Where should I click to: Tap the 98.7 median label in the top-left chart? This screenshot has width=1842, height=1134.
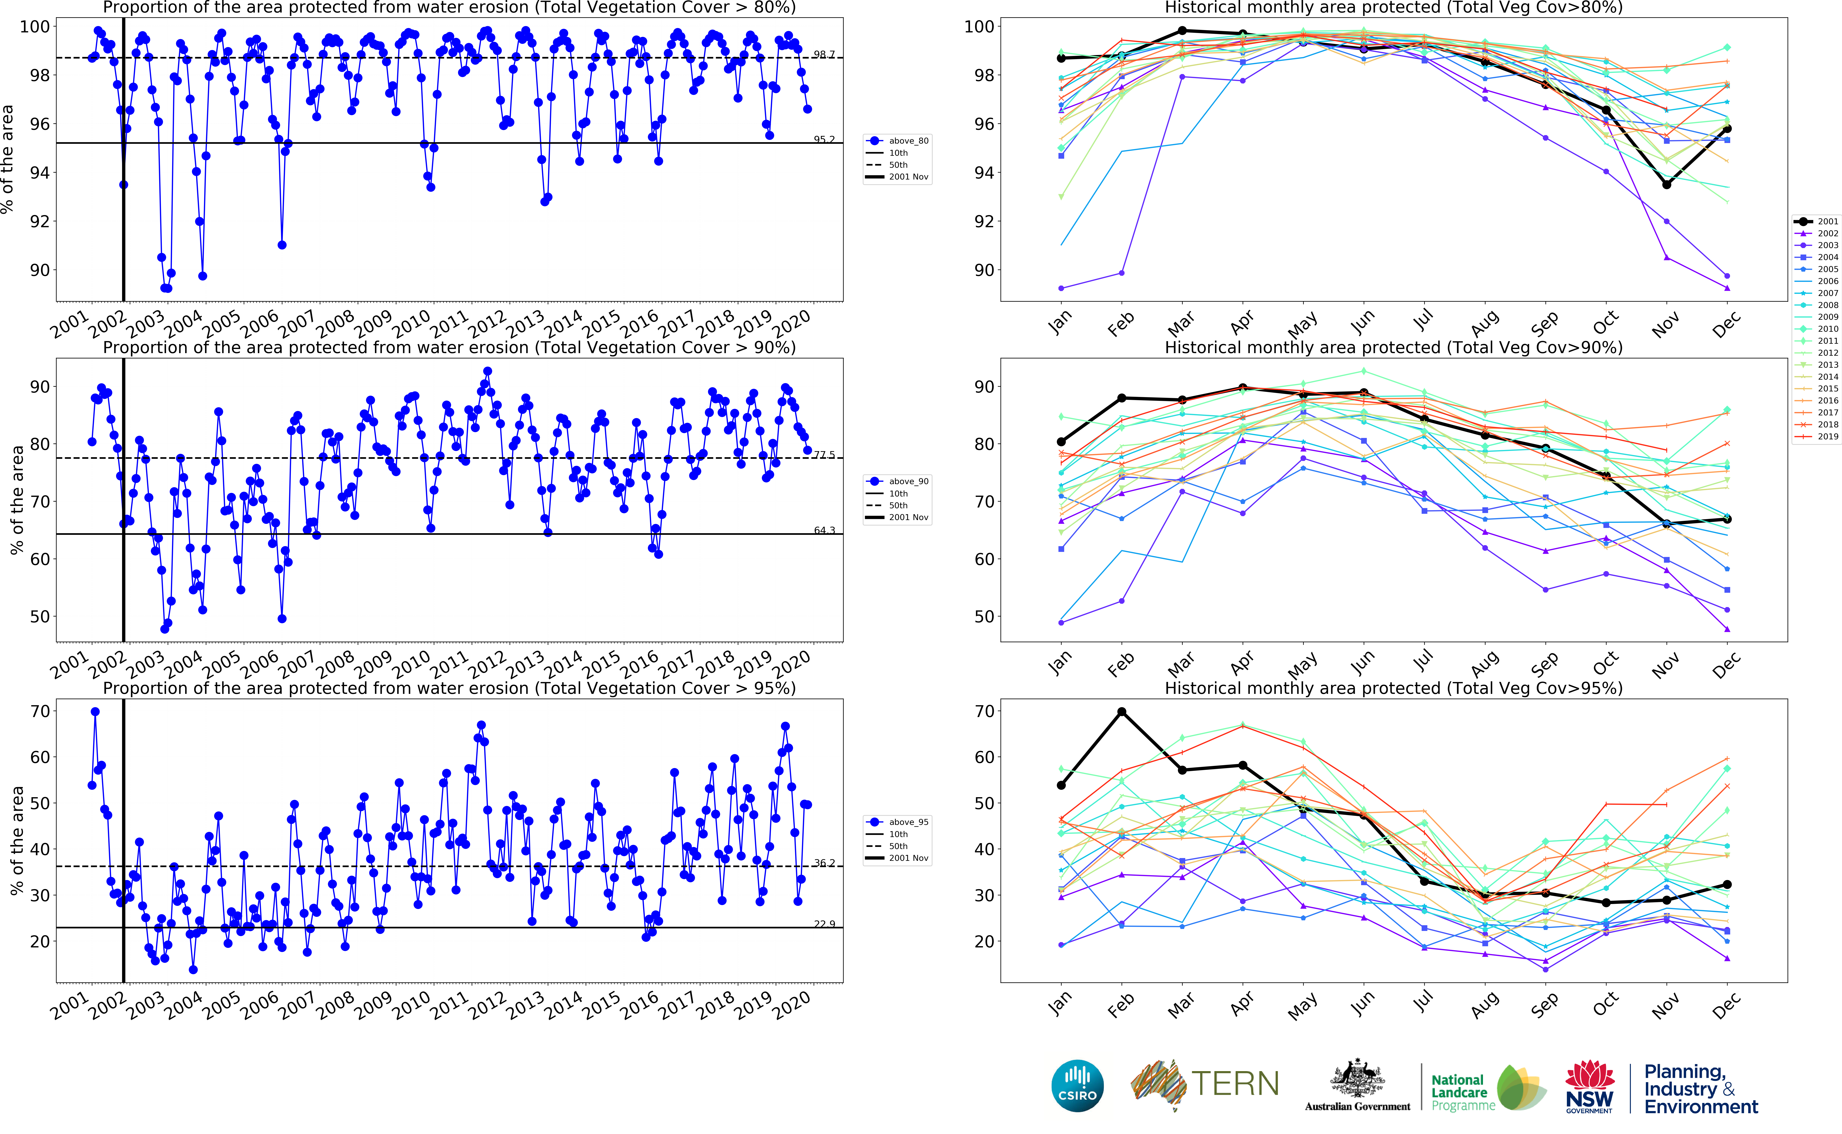[x=824, y=54]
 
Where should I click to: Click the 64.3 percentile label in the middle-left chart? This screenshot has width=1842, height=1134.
[x=824, y=530]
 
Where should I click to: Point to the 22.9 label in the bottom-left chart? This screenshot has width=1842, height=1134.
[x=824, y=924]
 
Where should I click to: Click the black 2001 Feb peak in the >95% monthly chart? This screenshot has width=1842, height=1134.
[x=1122, y=712]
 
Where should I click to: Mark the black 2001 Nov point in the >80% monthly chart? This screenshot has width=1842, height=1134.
[x=1667, y=184]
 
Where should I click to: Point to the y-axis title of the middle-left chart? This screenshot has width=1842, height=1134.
[x=17, y=500]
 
